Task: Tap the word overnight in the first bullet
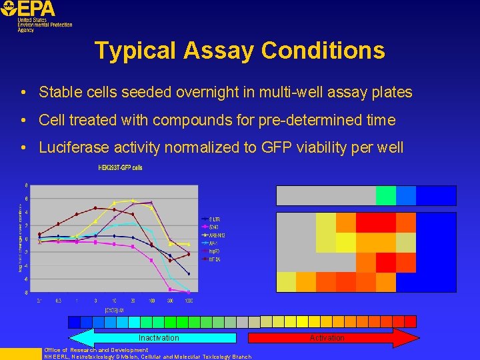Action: pos(212,92)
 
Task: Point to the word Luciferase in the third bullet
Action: pos(70,148)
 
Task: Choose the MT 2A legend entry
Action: pos(215,259)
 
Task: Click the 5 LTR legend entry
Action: pos(214,219)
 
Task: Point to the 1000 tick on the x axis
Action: pos(189,301)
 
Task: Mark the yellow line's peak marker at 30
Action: pos(133,200)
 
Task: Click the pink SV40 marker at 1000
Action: pos(189,291)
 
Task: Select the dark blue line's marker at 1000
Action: pos(189,274)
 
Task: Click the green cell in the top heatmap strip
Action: pos(385,195)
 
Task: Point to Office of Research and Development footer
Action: pos(96,350)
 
